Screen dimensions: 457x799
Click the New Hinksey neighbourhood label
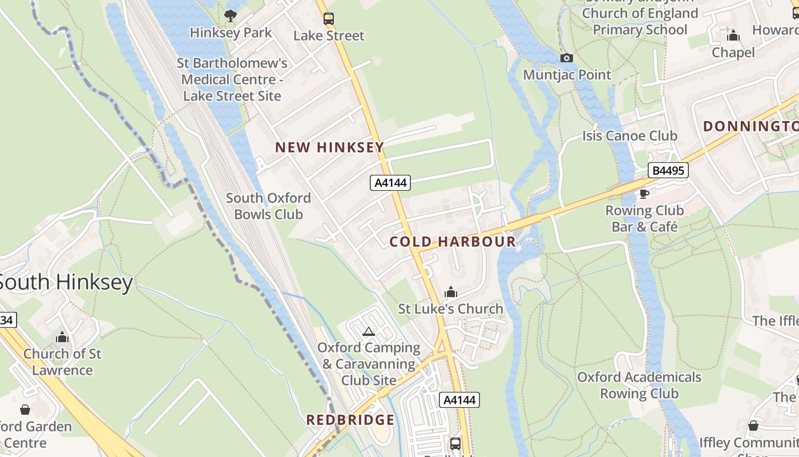(x=329, y=147)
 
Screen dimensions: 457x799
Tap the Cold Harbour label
(x=453, y=242)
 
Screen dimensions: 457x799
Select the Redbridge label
(x=350, y=420)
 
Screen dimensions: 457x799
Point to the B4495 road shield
(x=668, y=170)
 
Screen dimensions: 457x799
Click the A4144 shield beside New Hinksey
(x=390, y=183)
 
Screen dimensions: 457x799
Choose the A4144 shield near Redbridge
(x=459, y=400)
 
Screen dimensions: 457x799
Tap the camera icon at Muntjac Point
(x=567, y=58)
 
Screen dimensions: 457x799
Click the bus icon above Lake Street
(x=329, y=18)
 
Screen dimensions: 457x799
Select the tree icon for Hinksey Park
(x=231, y=15)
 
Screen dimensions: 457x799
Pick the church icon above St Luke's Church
(x=451, y=292)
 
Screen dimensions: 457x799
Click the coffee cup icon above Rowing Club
(x=644, y=194)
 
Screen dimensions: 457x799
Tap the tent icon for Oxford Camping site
(x=369, y=331)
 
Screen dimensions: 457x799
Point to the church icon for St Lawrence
(x=62, y=337)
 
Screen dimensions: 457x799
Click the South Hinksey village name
(x=66, y=282)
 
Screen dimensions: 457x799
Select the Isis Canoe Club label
(x=629, y=136)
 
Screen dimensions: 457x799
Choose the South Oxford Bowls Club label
(x=268, y=206)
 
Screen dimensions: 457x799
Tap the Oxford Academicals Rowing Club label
(x=639, y=385)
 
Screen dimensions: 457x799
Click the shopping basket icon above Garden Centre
(x=25, y=410)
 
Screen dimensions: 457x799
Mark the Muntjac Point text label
(x=567, y=75)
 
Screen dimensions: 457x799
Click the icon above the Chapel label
(x=733, y=36)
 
